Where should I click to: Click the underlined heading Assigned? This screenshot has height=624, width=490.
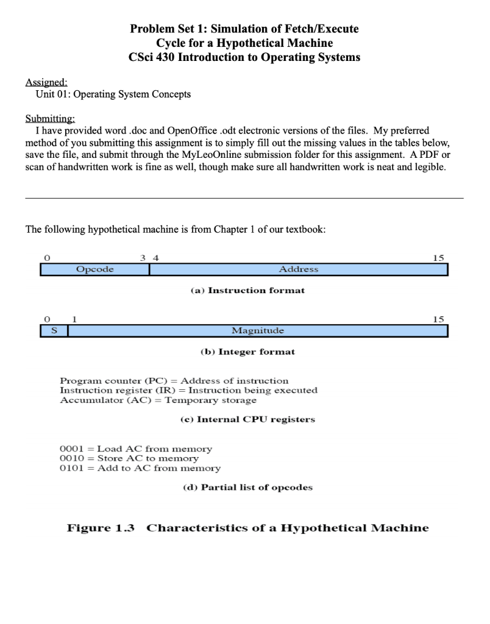pos(46,82)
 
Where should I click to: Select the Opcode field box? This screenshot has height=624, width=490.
pos(94,269)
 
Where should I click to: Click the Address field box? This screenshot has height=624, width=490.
pos(299,269)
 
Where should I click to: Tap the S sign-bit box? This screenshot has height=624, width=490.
pos(53,330)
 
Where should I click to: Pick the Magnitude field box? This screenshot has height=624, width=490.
pos(257,330)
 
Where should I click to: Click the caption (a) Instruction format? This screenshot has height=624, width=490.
pos(247,290)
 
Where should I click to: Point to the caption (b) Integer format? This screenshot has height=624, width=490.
pos(247,352)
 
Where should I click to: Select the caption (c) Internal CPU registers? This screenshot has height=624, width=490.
pos(247,419)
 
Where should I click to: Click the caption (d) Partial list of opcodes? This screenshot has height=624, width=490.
pos(247,487)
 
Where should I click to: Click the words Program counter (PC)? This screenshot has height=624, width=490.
pos(113,380)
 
